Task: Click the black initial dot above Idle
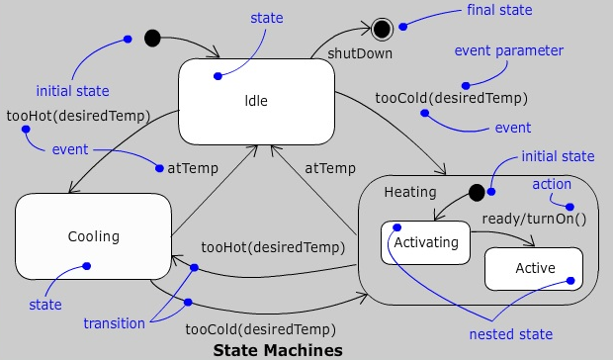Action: (x=152, y=39)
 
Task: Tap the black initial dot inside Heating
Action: (x=476, y=191)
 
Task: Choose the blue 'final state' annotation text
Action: (x=498, y=12)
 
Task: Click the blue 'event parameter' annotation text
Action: (x=508, y=50)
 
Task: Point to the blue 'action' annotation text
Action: (x=552, y=185)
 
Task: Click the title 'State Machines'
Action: (x=278, y=350)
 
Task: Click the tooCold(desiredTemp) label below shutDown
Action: (x=451, y=98)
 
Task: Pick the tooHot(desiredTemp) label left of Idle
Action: (x=78, y=116)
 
